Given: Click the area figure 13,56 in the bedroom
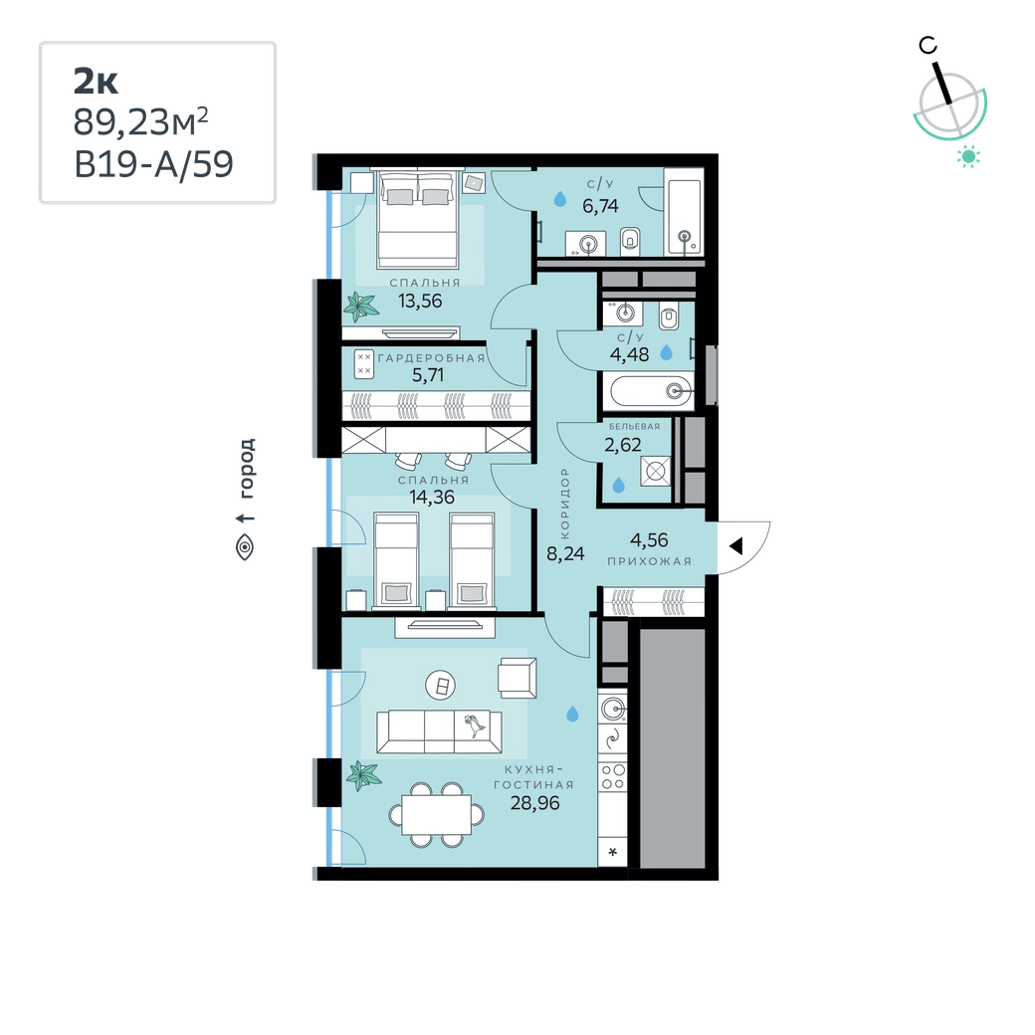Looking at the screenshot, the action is pos(420,301).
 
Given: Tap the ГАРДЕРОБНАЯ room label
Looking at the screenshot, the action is pos(431,357).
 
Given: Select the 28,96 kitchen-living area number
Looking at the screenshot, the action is pos(534,803).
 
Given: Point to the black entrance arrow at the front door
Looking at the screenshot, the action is pos(736,546).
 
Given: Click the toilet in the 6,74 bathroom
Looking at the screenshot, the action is pos(630,240).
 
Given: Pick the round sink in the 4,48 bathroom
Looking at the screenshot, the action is pos(624,312).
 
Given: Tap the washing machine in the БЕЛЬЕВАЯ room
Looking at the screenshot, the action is pos(656,472).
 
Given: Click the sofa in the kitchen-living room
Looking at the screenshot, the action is pos(439,731).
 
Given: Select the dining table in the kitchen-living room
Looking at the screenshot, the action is pos(436,815).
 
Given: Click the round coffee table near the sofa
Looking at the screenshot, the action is pos(442,686).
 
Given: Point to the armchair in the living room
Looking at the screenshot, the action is pos(517,678).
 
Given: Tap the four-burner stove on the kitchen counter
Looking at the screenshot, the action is pos(613,777).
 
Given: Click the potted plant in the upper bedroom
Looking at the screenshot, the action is pos(361,307).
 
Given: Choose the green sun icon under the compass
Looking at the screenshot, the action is pos(968,156).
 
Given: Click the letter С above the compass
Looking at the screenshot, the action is pos(929,46).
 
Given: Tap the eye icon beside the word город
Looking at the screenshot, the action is pos(245,547).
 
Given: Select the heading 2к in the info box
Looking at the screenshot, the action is pos(96,82).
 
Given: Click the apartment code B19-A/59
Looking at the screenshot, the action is pos(154,164).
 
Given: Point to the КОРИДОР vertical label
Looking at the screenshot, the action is pos(564,504).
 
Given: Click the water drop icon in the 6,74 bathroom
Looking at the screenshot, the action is pos(559,199).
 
